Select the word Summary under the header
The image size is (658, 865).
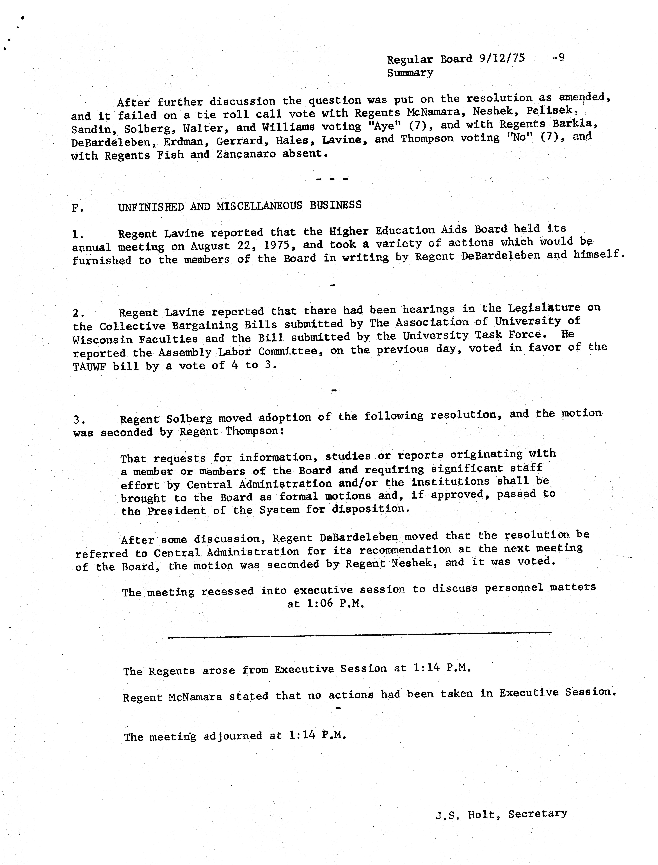point(410,73)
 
